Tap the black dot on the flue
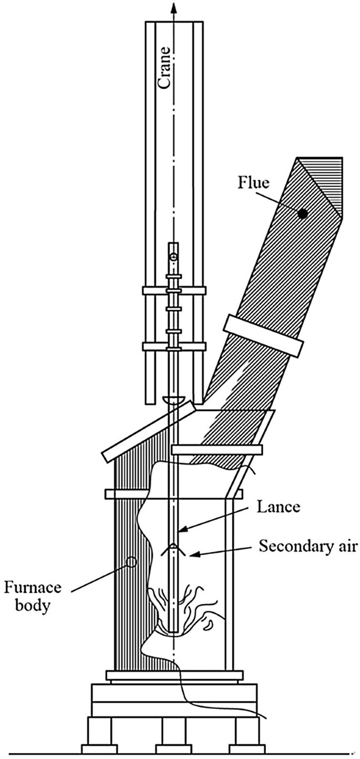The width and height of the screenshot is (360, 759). pyautogui.click(x=302, y=213)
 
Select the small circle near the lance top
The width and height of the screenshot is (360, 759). pyautogui.click(x=174, y=257)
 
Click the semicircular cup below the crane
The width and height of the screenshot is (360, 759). pyautogui.click(x=174, y=401)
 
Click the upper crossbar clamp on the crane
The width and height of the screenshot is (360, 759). pyautogui.click(x=174, y=290)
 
